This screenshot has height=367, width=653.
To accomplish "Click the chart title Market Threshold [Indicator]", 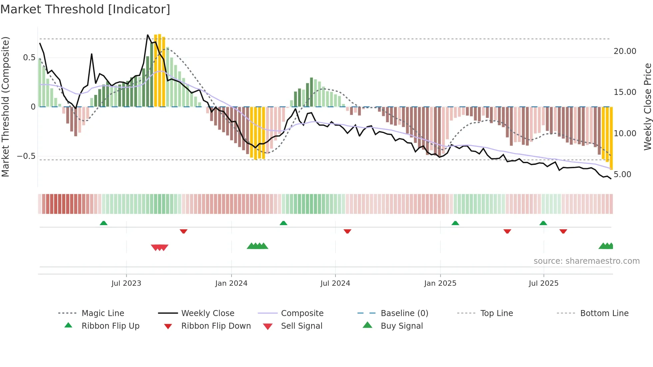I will (85, 9).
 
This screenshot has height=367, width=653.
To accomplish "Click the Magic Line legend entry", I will (103, 313).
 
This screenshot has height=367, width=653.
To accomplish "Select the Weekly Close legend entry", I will (208, 313).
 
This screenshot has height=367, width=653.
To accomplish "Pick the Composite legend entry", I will (302, 313).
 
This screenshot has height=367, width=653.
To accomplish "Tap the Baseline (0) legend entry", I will (404, 313).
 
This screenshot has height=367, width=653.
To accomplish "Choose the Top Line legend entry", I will (496, 313).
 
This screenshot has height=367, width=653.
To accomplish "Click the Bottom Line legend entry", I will (604, 313).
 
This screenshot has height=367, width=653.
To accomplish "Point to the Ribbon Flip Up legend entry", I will (110, 326).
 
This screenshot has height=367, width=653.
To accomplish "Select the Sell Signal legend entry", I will (301, 326).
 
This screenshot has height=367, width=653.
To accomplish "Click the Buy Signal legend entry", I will (401, 326).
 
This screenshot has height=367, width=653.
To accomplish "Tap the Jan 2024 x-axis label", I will (231, 283).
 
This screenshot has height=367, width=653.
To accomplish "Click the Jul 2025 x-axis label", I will (543, 283).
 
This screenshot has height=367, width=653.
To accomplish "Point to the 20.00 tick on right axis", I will (625, 51).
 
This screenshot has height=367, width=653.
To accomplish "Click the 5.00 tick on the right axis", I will (622, 175).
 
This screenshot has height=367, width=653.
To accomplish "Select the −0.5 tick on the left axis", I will (26, 156).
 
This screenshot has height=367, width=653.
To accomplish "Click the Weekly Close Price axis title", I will (647, 107).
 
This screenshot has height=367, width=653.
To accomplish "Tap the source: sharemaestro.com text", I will (586, 261).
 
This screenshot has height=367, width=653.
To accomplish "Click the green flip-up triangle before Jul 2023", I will (104, 223).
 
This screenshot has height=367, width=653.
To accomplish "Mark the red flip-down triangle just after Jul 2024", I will (347, 231).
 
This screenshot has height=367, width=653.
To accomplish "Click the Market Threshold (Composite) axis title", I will (5, 107).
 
